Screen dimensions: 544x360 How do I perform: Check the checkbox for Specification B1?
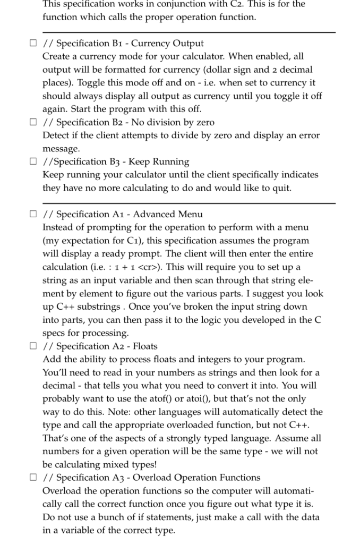pyautogui.click(x=33, y=44)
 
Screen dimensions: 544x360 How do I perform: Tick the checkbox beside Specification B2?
pyautogui.click(x=33, y=123)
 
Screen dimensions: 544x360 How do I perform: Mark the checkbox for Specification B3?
pyautogui.click(x=33, y=162)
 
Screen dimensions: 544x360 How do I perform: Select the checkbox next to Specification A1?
pyautogui.click(x=33, y=215)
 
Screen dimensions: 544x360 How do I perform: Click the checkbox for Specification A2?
pyautogui.click(x=33, y=346)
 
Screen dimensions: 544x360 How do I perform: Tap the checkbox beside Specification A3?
pyautogui.click(x=33, y=478)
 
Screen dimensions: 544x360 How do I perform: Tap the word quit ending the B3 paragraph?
pyautogui.click(x=281, y=188)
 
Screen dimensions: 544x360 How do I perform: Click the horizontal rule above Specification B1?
pyautogui.click(x=188, y=32)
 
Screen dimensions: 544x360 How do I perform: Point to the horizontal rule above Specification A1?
pyautogui.click(x=188, y=203)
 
